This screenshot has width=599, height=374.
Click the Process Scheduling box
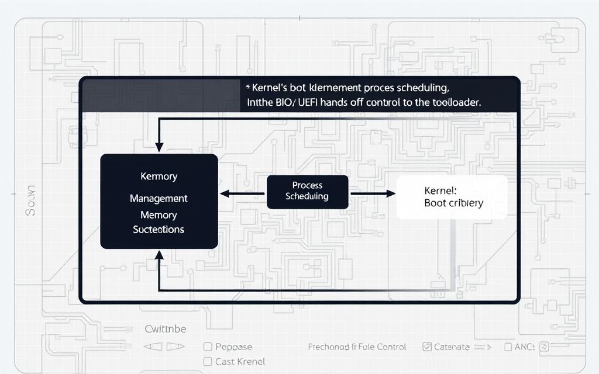click(x=307, y=192)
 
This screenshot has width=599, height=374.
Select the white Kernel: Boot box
click(x=452, y=197)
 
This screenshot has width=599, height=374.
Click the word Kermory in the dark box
click(x=159, y=176)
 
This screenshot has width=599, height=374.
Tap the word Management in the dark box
click(x=159, y=199)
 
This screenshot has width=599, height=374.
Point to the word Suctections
click(x=159, y=230)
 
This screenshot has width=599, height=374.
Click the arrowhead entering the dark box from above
click(x=159, y=147)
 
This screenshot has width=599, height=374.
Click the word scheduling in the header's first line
click(x=416, y=88)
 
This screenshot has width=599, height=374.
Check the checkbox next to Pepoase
click(x=207, y=347)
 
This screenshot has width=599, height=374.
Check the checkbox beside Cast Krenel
click(x=207, y=362)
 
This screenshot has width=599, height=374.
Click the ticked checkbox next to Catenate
click(x=426, y=347)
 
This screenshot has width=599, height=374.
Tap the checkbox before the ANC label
click(x=508, y=347)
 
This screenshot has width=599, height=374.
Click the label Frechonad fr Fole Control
click(x=357, y=347)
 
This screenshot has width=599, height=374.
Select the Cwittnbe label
click(x=165, y=329)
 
